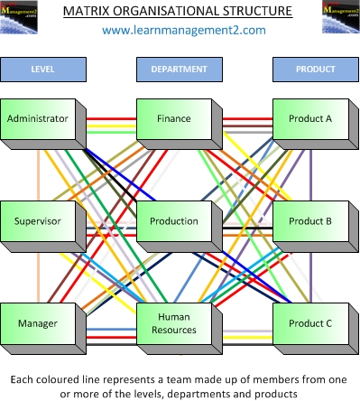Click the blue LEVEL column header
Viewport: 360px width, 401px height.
(x=42, y=69)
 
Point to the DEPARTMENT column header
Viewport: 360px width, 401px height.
(x=179, y=69)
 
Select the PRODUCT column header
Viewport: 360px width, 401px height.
(x=314, y=69)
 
